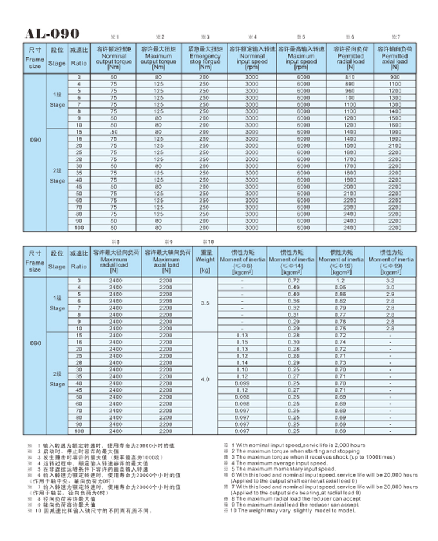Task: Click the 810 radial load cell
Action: tap(350, 78)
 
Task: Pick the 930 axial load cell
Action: tap(395, 78)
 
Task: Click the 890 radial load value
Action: tap(350, 84)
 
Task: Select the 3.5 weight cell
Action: tap(205, 304)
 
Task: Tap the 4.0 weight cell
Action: tap(205, 380)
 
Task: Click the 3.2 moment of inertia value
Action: tap(390, 281)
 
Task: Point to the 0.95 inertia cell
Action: tap(340, 288)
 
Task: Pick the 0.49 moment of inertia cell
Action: tap(293, 288)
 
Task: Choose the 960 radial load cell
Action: tap(350, 90)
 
